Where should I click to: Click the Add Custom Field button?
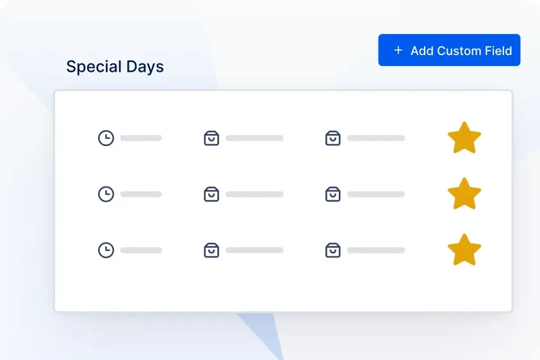pyautogui.click(x=449, y=50)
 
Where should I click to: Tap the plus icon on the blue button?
pyautogui.click(x=398, y=51)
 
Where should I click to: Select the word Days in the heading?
pyautogui.click(x=145, y=67)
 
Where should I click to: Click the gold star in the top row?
pyautogui.click(x=464, y=138)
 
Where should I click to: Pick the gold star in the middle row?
pyautogui.click(x=464, y=194)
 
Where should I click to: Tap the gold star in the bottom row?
pyautogui.click(x=464, y=250)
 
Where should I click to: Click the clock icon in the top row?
pyautogui.click(x=106, y=138)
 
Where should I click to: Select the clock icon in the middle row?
pyautogui.click(x=106, y=194)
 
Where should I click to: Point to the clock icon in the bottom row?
pyautogui.click(x=106, y=250)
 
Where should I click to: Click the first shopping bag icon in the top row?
pyautogui.click(x=211, y=138)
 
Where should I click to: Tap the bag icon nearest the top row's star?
pyautogui.click(x=332, y=138)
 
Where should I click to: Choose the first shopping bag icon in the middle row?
pyautogui.click(x=211, y=194)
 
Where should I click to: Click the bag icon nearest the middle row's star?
pyautogui.click(x=332, y=194)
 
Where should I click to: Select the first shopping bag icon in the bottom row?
pyautogui.click(x=211, y=250)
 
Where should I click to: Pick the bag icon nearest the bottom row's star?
pyautogui.click(x=332, y=250)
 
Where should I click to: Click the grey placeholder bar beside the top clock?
pyautogui.click(x=141, y=138)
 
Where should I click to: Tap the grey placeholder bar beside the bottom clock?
pyautogui.click(x=141, y=250)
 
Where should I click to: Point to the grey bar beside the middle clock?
pyautogui.click(x=141, y=194)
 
